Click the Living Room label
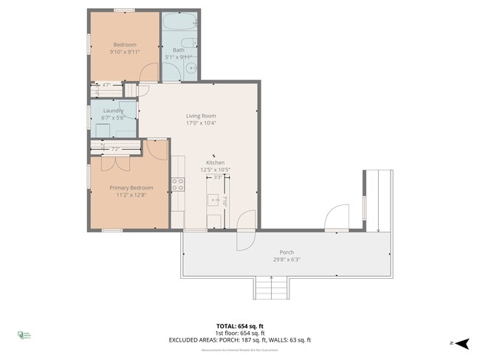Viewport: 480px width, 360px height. pos(200,116)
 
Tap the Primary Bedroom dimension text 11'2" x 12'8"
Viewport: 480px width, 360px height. pos(126,196)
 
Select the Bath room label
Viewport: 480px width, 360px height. pos(179,50)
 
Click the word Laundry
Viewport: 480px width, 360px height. pos(113,111)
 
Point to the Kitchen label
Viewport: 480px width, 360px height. pos(215,162)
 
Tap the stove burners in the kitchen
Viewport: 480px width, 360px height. pos(178,184)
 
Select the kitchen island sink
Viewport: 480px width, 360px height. pos(215,200)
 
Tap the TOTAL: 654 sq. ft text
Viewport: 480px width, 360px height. pos(239,325)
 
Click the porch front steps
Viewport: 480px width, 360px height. pos(270,288)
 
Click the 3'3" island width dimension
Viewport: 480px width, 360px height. pos(217,177)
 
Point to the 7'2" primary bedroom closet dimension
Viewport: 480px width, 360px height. pos(115,149)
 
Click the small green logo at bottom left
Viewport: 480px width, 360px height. pos(23,336)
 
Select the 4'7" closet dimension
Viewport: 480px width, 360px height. pos(106,86)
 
